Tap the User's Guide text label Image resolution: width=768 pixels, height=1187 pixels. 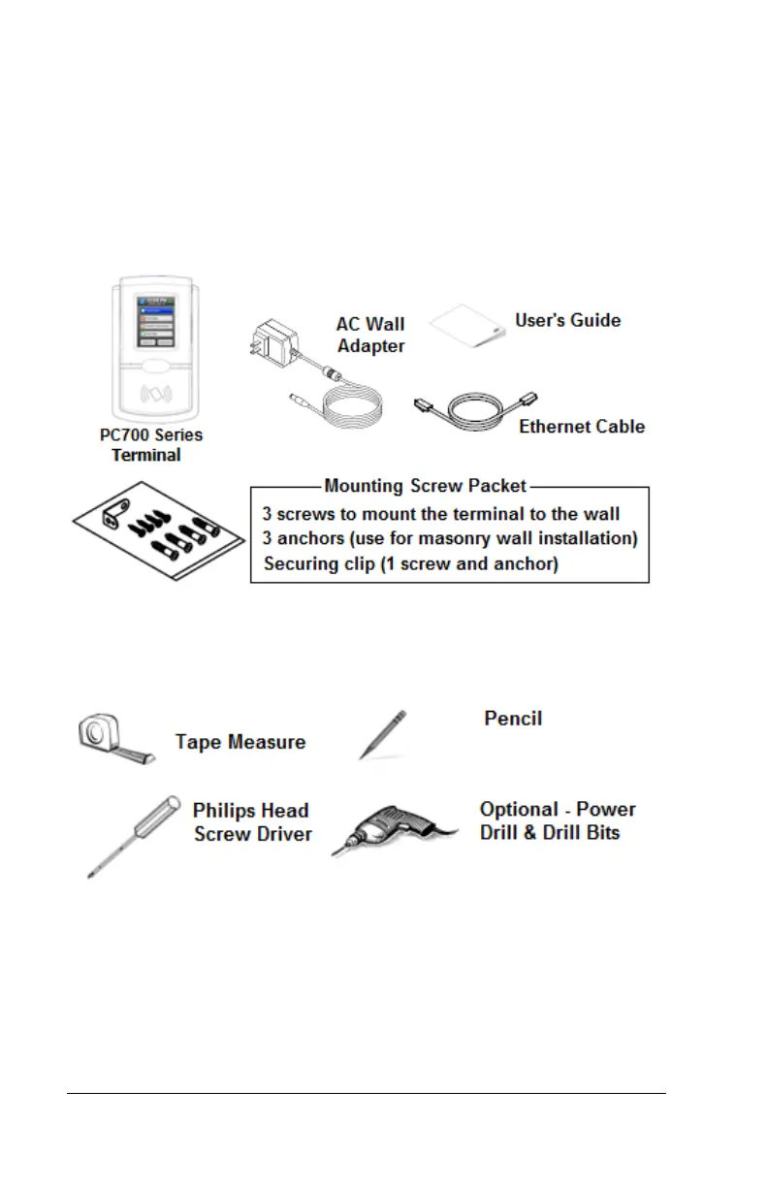567,320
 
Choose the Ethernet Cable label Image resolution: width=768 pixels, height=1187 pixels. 582,427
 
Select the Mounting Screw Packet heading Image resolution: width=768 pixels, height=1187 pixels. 426,486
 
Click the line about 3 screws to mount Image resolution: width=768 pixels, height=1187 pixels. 440,514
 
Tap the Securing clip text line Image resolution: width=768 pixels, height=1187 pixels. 410,563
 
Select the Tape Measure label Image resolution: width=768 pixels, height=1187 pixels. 240,742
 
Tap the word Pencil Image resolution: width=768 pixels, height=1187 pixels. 513,719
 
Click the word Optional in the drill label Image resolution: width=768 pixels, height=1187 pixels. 518,810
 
